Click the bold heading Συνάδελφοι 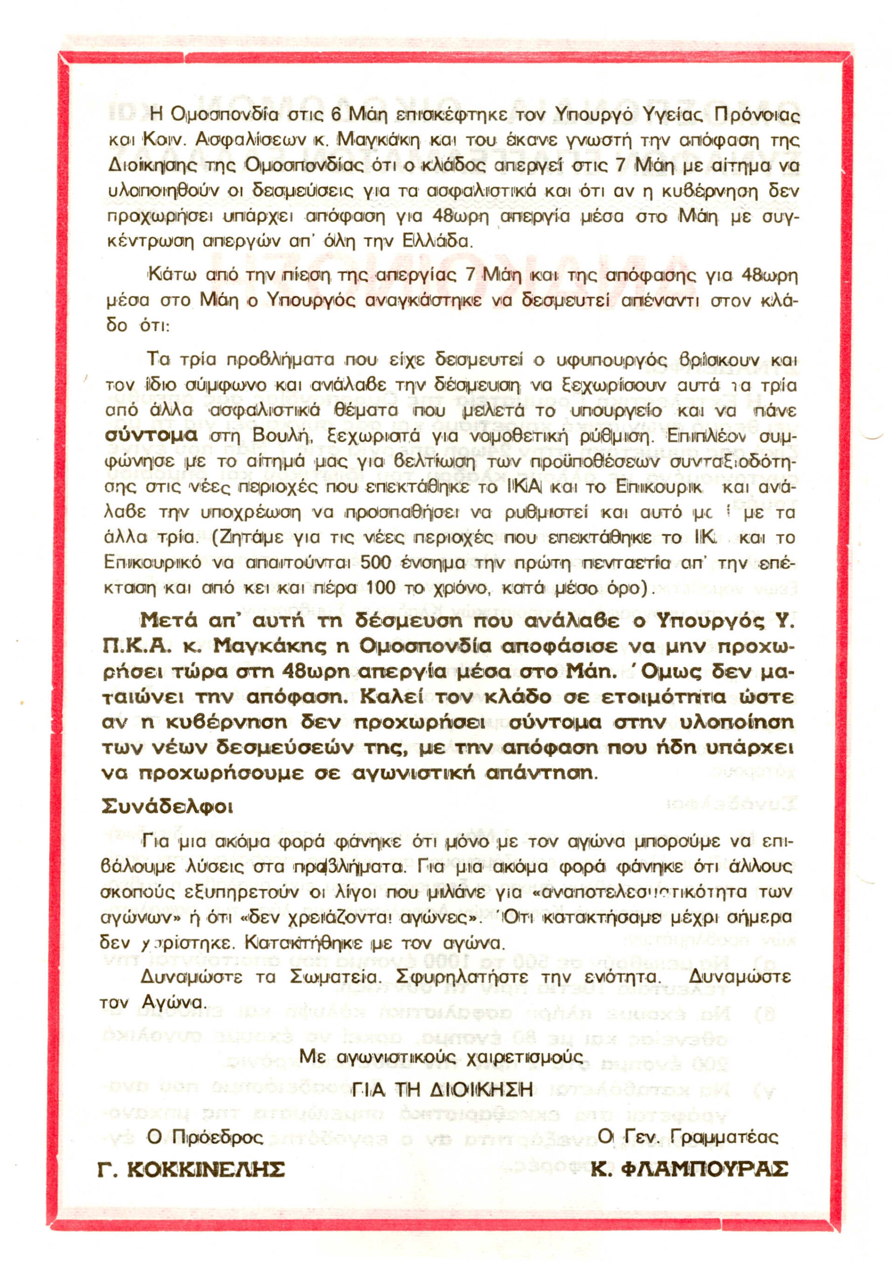click(167, 807)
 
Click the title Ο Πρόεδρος click(205, 1136)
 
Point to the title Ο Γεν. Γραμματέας click(688, 1136)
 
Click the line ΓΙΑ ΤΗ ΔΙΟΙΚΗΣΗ click(443, 1089)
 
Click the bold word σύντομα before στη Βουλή click(150, 435)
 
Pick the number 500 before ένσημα click(375, 563)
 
